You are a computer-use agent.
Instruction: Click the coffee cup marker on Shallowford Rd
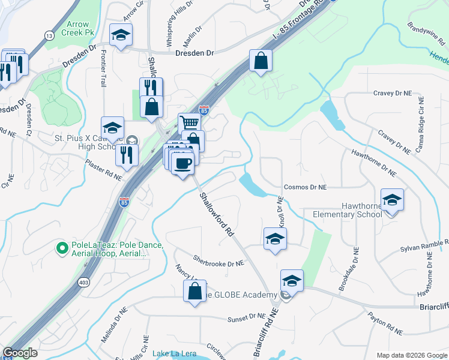click(182, 162)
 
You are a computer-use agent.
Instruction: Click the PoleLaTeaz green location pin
click(61, 247)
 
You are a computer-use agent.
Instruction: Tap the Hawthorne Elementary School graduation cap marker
click(392, 199)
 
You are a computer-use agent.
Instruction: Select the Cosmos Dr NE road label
click(305, 187)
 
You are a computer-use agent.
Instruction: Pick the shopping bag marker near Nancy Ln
click(195, 292)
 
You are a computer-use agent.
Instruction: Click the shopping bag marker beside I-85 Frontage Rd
click(261, 60)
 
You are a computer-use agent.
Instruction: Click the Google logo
click(20, 353)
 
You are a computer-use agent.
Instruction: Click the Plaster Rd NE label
click(103, 171)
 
